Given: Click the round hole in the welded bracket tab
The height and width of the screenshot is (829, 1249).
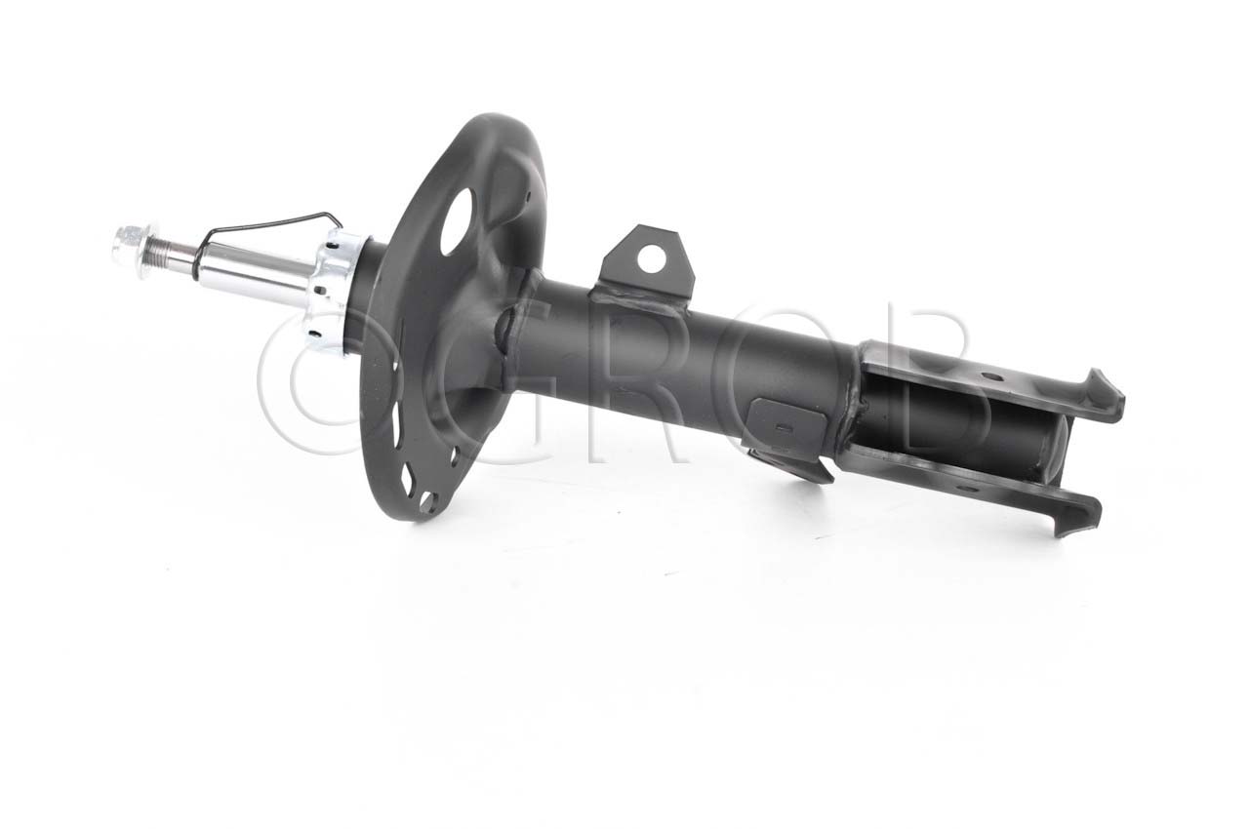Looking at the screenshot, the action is tap(651, 259).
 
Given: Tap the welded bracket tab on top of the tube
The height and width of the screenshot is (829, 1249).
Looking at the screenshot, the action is tap(647, 267).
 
